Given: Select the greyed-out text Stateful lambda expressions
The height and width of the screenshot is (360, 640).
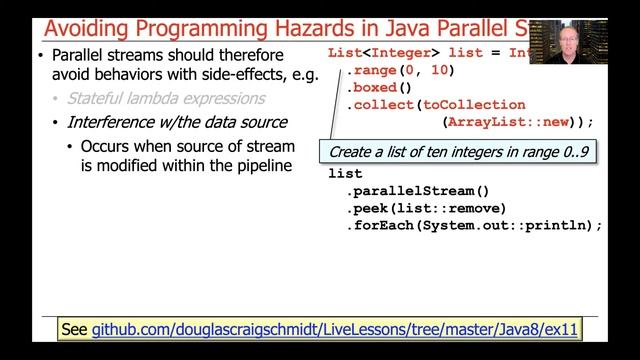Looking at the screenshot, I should click(x=166, y=99).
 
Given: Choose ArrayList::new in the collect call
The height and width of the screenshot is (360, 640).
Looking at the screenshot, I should click(x=508, y=122).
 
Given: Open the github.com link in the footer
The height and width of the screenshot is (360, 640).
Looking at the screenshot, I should click(x=335, y=328).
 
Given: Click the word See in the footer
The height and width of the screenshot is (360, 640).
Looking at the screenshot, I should click(x=73, y=328).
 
